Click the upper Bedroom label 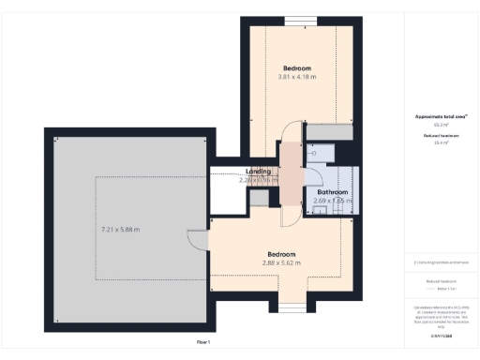[x=297, y=68]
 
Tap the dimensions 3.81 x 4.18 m [x=297, y=77]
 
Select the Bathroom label [x=333, y=192]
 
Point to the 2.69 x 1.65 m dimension [x=333, y=201]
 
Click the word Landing [x=259, y=172]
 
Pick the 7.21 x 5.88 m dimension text [x=121, y=230]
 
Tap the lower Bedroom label [x=282, y=254]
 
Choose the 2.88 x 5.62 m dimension [x=282, y=262]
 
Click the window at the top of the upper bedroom [x=300, y=22]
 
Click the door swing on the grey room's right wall [x=196, y=240]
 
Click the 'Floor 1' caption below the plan [x=202, y=342]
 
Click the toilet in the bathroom [x=321, y=150]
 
